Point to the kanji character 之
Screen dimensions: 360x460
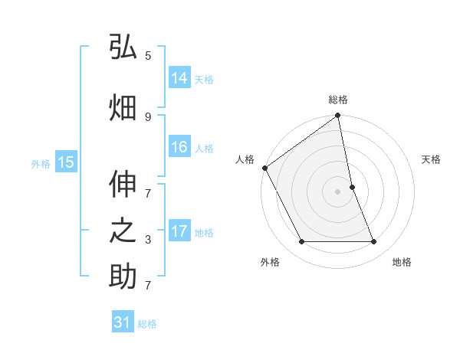123,232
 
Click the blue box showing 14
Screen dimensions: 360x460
179,78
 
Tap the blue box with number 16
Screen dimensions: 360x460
179,147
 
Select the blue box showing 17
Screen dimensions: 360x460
179,231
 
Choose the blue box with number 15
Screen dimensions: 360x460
66,162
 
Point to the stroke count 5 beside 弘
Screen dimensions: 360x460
148,56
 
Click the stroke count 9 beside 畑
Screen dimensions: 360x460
148,116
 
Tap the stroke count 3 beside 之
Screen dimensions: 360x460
148,240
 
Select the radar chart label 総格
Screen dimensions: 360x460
338,100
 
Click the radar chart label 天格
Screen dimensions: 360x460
432,159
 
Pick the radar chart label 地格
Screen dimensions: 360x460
402,262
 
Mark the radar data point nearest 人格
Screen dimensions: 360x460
264,168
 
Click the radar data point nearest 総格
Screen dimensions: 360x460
338,116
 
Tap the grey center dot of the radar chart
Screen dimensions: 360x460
338,191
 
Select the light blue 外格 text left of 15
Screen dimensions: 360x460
40,163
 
